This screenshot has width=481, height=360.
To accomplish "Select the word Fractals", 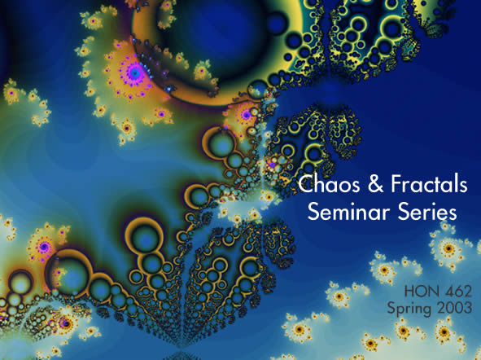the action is (x=430, y=184).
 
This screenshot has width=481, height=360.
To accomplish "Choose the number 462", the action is (x=457, y=292).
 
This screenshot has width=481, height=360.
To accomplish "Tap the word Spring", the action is (x=409, y=308).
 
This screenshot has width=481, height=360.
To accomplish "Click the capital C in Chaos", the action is (x=307, y=184).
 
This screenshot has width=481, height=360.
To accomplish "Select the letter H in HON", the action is (x=409, y=292).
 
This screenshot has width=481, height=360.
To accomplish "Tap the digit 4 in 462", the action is (x=446, y=292).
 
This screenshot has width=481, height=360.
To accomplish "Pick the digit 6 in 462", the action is (x=457, y=292).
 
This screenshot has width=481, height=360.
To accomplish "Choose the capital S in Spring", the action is (x=391, y=307).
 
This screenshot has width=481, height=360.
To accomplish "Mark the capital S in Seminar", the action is (x=313, y=211).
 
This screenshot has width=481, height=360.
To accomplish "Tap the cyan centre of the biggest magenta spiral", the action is (x=134, y=72).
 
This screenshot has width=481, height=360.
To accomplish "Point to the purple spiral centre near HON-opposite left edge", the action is (x=45, y=247).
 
